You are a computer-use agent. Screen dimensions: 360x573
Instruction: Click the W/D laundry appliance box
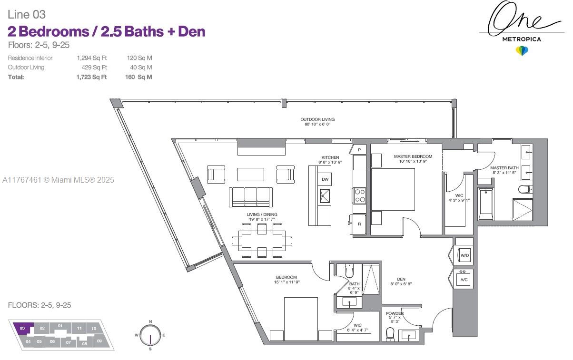[x=464, y=255]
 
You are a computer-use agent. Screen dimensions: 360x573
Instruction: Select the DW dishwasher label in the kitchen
[x=326, y=179]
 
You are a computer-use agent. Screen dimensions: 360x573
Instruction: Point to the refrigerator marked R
[x=359, y=224]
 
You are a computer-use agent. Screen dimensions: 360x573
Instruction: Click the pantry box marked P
[x=359, y=150]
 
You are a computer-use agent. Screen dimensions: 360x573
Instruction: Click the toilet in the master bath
[x=524, y=190]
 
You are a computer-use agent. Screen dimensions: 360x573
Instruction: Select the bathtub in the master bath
[x=485, y=204]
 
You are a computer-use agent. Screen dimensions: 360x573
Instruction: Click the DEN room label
[x=401, y=279]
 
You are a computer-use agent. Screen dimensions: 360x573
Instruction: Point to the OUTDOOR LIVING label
[x=317, y=119]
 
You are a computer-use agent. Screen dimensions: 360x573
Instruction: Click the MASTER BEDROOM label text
[x=413, y=156]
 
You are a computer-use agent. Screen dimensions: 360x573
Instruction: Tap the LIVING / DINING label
[x=262, y=214]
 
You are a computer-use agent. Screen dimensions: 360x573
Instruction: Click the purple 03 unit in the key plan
[x=22, y=328]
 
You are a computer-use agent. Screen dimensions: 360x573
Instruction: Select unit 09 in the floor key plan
[x=99, y=341]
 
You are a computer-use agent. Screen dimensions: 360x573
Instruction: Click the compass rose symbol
[x=150, y=335]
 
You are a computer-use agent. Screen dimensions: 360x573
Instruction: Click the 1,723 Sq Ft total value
[x=91, y=77]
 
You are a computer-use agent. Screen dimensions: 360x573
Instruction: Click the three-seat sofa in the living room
[x=251, y=196]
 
